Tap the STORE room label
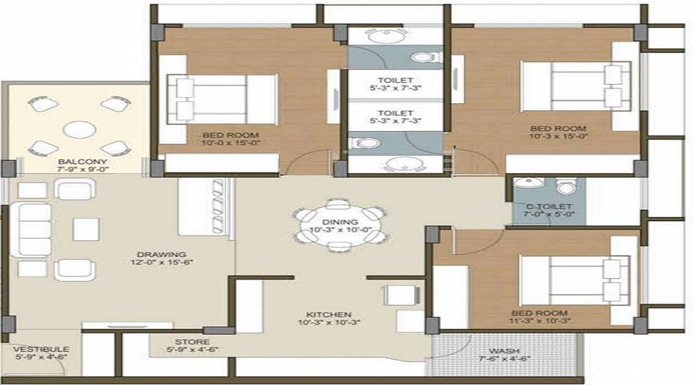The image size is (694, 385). tap(192, 342)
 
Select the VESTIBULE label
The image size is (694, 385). tap(36, 349)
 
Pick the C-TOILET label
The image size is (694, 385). tap(548, 206)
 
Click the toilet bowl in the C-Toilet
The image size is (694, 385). tap(566, 187)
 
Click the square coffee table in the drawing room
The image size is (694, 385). tap(86, 229)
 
